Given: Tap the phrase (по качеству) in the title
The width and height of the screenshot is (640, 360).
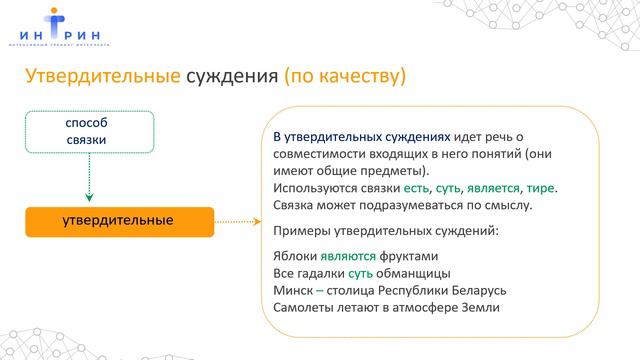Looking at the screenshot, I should pyautogui.click(x=344, y=77).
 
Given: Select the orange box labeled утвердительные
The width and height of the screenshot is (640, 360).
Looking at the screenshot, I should pyautogui.click(x=118, y=219).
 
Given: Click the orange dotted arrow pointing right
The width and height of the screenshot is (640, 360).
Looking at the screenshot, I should pyautogui.click(x=239, y=220).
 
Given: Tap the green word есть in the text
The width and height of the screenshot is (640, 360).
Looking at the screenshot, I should pyautogui.click(x=418, y=187).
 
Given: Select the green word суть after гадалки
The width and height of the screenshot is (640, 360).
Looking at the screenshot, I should pyautogui.click(x=362, y=272).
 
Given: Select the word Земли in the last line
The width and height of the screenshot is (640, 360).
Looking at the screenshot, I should pyautogui.click(x=480, y=307).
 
